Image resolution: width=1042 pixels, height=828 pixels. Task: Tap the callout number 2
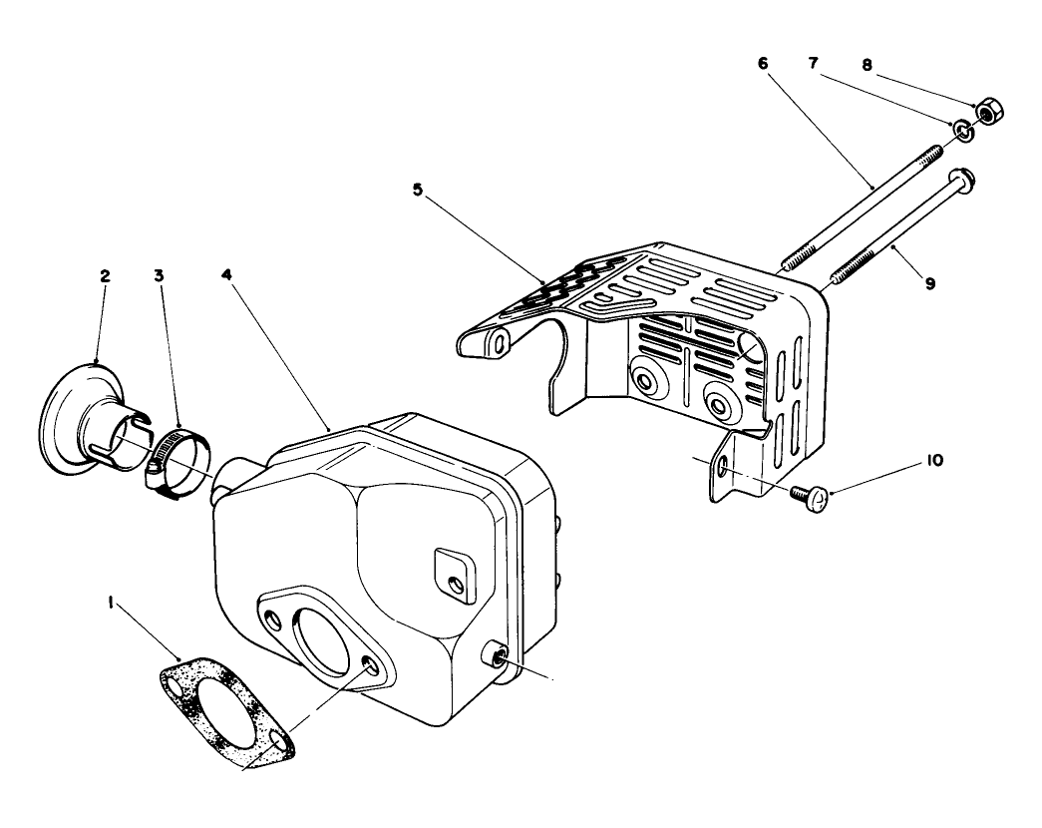click(105, 276)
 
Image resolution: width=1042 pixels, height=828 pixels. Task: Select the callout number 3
click(159, 275)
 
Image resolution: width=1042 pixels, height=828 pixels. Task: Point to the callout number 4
click(226, 274)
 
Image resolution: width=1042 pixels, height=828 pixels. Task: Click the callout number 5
click(418, 190)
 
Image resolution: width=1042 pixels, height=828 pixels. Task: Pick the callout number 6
click(762, 63)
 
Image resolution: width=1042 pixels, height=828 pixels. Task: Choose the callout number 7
click(814, 63)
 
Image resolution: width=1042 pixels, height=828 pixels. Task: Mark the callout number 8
click(867, 65)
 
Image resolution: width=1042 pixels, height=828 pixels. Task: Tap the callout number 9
click(930, 283)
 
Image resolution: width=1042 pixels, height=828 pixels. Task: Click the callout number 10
click(934, 460)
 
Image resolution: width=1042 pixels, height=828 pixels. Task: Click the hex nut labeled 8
click(989, 111)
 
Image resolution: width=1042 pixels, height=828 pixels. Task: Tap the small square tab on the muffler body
click(455, 576)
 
